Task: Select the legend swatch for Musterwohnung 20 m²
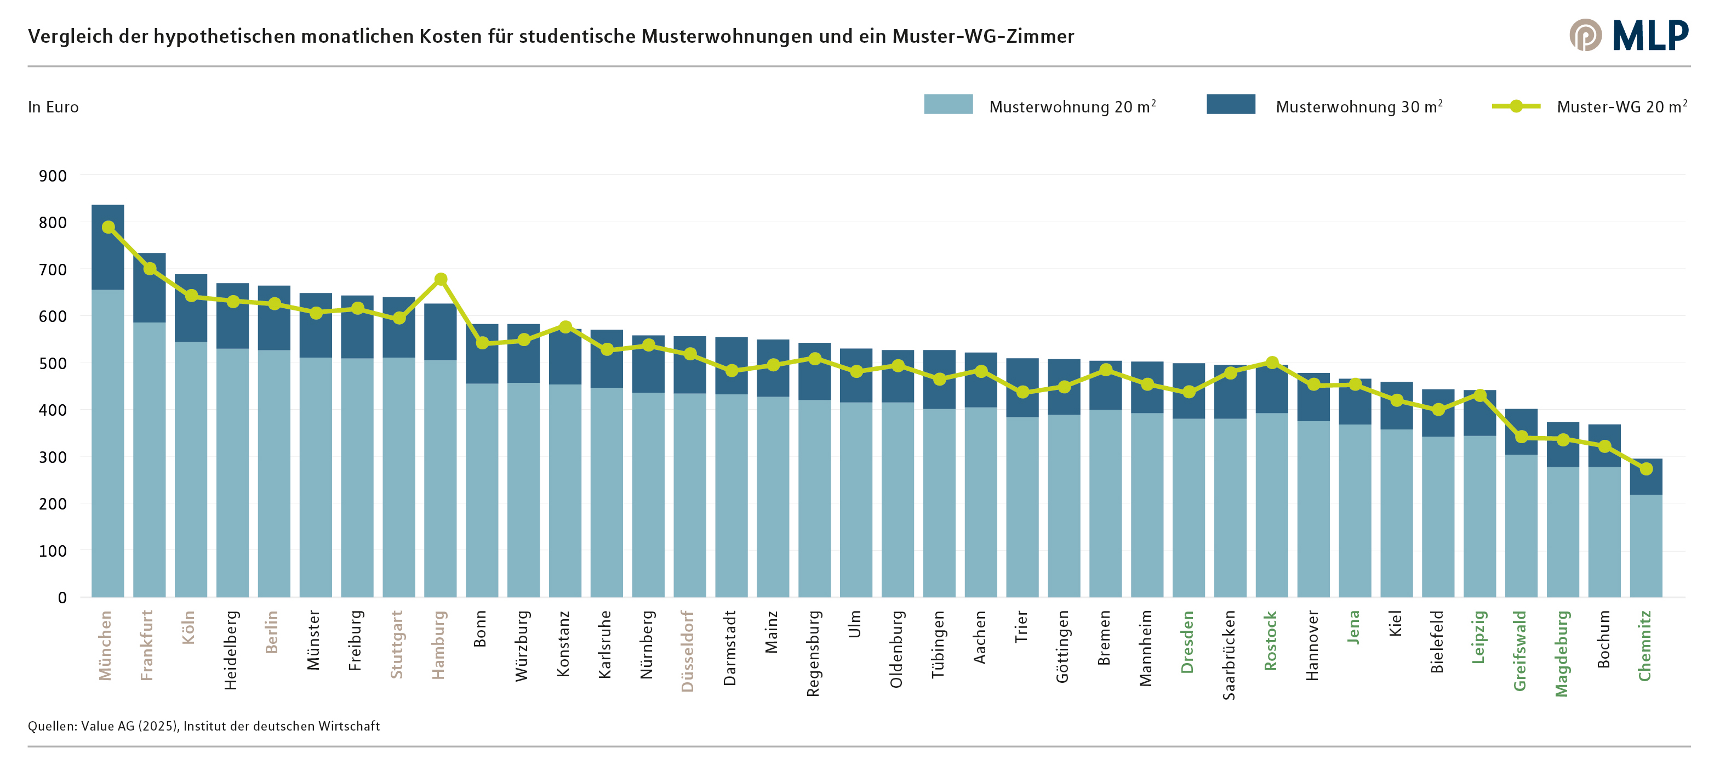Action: (947, 105)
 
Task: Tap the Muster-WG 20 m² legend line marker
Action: (1516, 106)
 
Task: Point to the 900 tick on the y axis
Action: (53, 176)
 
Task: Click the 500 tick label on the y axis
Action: (53, 364)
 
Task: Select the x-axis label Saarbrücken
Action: (1229, 654)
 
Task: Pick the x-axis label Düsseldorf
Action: (688, 650)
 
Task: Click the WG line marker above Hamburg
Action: (441, 279)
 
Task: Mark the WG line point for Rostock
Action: (1271, 362)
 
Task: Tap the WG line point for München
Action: (108, 227)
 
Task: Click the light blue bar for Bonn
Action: (482, 489)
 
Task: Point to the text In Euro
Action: (53, 107)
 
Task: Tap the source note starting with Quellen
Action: (204, 726)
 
